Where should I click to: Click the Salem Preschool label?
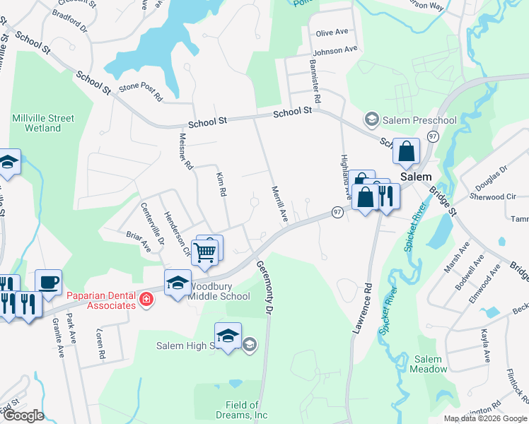coord(419,119)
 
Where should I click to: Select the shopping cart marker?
coord(204,251)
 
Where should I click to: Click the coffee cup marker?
coord(48,283)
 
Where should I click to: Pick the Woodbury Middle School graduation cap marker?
coord(178,283)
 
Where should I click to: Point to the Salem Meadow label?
coord(431,364)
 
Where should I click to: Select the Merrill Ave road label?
coord(279,204)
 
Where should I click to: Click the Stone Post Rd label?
coord(141,89)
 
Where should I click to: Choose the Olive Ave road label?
coord(332,33)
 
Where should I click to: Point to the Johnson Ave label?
coord(335,51)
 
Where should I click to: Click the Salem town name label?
coord(417,177)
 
